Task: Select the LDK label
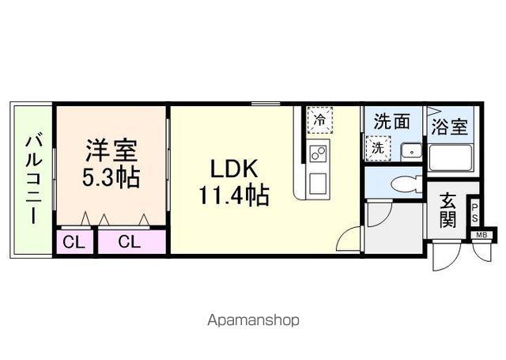(x=233, y=169)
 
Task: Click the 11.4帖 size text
(x=234, y=194)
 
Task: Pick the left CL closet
(x=73, y=242)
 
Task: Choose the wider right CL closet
(x=130, y=242)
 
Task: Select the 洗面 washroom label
(x=392, y=122)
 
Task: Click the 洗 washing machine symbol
(x=378, y=147)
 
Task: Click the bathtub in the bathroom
(x=451, y=159)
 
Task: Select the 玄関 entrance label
(x=448, y=210)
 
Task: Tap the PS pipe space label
(x=474, y=212)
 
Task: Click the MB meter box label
(x=481, y=235)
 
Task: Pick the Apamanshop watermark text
(x=252, y=320)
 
